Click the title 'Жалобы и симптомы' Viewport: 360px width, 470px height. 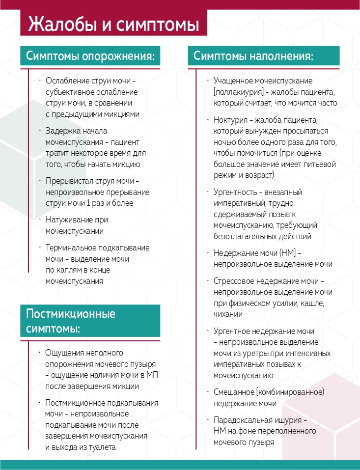113,25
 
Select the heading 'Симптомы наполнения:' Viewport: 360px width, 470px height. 253,55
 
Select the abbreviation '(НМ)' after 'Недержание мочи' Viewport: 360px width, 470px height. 286,252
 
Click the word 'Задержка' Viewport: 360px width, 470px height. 62,131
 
